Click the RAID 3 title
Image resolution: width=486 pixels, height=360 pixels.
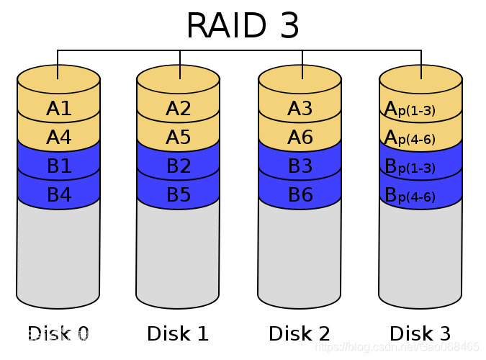(243, 27)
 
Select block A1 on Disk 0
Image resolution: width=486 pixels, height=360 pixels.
(58, 109)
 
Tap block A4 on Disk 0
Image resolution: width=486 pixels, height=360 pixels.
(58, 138)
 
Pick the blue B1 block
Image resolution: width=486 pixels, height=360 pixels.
(58, 166)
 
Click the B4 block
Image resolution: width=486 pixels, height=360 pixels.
(58, 194)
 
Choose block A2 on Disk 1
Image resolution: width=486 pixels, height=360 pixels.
(178, 109)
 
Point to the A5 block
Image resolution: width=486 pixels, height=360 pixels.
(178, 138)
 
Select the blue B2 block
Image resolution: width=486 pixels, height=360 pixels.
(178, 166)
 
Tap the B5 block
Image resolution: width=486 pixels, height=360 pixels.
(178, 194)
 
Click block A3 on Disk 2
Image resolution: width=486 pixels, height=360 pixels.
(300, 109)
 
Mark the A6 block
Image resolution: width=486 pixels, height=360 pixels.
(300, 138)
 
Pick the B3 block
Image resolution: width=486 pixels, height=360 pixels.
(300, 166)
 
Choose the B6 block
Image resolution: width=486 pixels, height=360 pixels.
(300, 194)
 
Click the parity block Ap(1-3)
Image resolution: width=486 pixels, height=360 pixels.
(420, 109)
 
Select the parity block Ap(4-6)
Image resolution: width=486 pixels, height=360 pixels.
(420, 138)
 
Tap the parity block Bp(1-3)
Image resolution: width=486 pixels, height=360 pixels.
(420, 167)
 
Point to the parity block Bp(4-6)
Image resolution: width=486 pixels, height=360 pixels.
(420, 195)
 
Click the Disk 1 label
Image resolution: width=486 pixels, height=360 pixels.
(178, 333)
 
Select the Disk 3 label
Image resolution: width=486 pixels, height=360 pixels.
(420, 333)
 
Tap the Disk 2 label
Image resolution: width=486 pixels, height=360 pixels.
(300, 333)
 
